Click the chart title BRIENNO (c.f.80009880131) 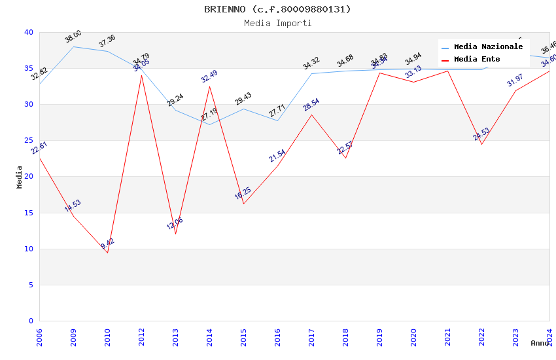(277, 9)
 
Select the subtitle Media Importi (277, 24)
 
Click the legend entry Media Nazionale (488, 47)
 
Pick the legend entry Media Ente (477, 60)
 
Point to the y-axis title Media (20, 177)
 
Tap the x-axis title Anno (540, 343)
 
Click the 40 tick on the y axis (28, 33)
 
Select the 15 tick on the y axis (28, 213)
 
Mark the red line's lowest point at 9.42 (107, 253)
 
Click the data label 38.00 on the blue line (73, 37)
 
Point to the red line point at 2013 (175, 234)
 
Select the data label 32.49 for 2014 (209, 76)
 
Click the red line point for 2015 (243, 204)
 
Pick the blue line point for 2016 (277, 120)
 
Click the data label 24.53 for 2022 (481, 134)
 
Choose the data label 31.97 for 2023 (515, 81)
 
